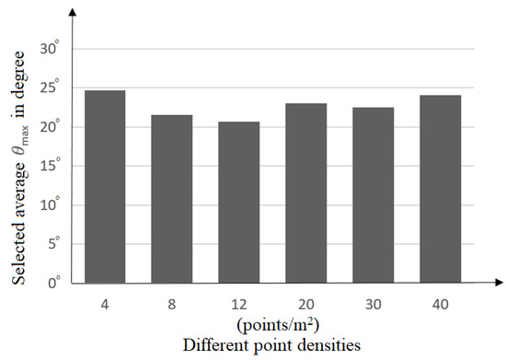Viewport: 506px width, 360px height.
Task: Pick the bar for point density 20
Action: [305, 192]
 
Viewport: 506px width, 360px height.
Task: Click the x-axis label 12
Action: [238, 302]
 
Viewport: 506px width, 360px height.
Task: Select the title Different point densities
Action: [272, 345]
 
